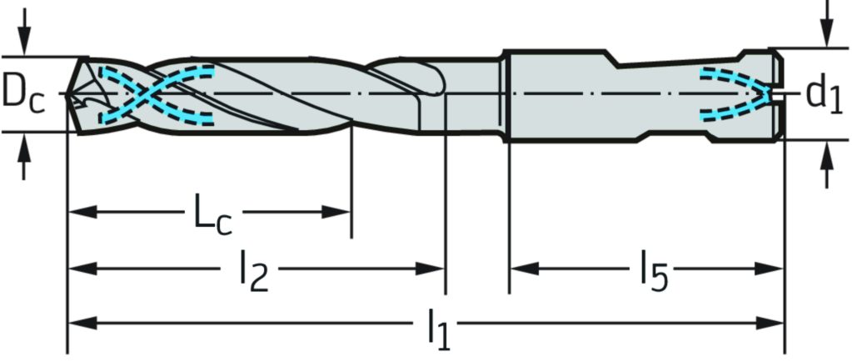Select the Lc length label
213,214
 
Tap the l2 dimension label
248,269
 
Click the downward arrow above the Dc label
24,38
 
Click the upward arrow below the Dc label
24,153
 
